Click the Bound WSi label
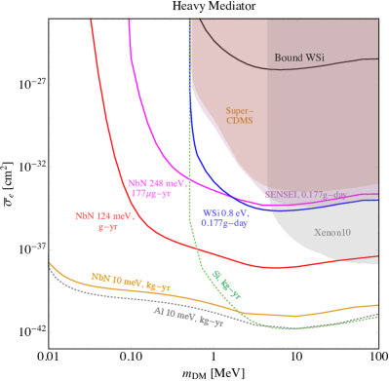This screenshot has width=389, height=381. pos(299,57)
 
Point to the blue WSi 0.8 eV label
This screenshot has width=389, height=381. pos(225,211)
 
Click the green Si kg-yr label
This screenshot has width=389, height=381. pos(226,283)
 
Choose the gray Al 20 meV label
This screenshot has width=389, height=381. pos(188,316)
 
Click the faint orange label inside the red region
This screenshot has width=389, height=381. pos(240,116)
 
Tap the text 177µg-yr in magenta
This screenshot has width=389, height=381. pos(151,193)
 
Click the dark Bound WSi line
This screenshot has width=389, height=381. pos(234,54)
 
